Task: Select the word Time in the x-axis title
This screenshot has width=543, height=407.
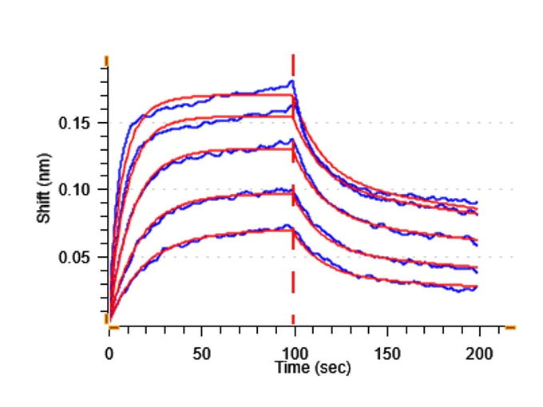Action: pos(291,368)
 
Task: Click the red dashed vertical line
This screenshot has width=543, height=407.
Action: pos(293,200)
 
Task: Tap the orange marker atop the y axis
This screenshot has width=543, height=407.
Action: pos(106,61)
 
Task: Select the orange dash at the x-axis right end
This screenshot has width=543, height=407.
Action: pos(510,326)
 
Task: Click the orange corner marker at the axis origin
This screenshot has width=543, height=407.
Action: pos(109,322)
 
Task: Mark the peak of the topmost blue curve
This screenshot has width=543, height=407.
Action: pos(292,81)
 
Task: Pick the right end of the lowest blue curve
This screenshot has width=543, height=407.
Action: pos(477,286)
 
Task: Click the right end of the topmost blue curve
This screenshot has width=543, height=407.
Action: pos(477,203)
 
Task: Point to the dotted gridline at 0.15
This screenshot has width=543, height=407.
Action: pos(399,123)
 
